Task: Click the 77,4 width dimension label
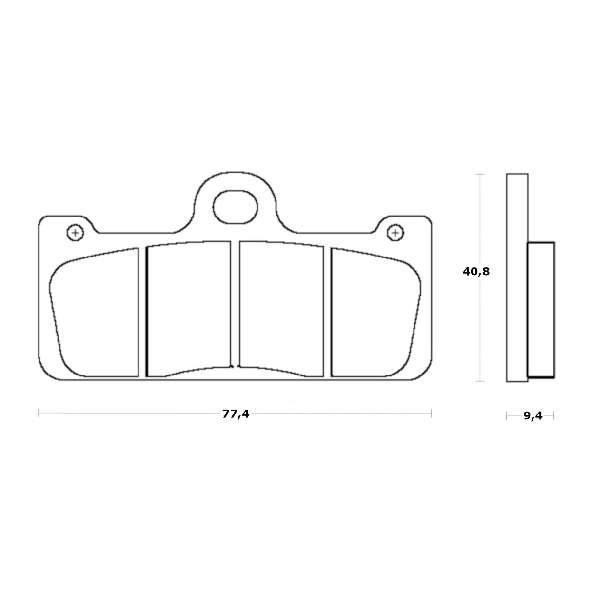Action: tap(236, 414)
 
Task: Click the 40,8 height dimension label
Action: tap(476, 272)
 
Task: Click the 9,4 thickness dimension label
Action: tap(533, 416)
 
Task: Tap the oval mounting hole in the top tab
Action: tap(235, 207)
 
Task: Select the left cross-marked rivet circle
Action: tap(75, 233)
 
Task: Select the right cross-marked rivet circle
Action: tap(395, 233)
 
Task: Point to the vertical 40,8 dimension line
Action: tap(481, 332)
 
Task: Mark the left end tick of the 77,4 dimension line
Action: tap(39, 414)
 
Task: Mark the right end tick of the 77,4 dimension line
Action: tap(431, 414)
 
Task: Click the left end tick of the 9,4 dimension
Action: tap(507, 416)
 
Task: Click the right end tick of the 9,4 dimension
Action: tap(554, 416)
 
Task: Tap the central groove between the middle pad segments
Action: tap(235, 307)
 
